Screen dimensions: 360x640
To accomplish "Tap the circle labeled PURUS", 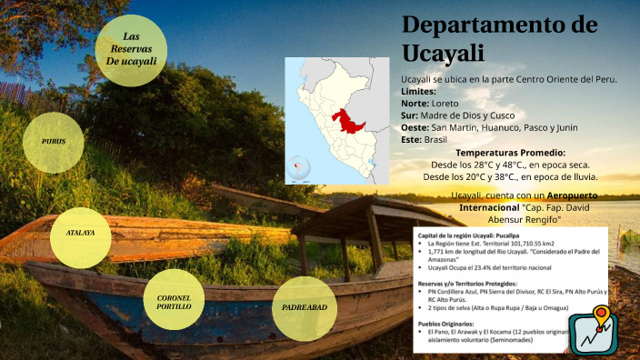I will point(54,142).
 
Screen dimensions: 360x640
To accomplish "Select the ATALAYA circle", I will point(81,234).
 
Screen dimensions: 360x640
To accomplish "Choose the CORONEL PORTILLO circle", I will point(174,301).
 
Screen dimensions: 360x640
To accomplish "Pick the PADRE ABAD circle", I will point(304,307).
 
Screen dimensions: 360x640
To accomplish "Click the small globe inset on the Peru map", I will point(298,168).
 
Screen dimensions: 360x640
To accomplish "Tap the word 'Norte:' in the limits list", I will point(415,104).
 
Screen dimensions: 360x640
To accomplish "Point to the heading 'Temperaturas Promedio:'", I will point(510,153).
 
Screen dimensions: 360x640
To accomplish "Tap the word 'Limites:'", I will point(418,92).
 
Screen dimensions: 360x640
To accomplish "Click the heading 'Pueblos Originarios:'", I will point(450,323).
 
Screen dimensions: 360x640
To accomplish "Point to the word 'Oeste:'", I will point(415,127).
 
